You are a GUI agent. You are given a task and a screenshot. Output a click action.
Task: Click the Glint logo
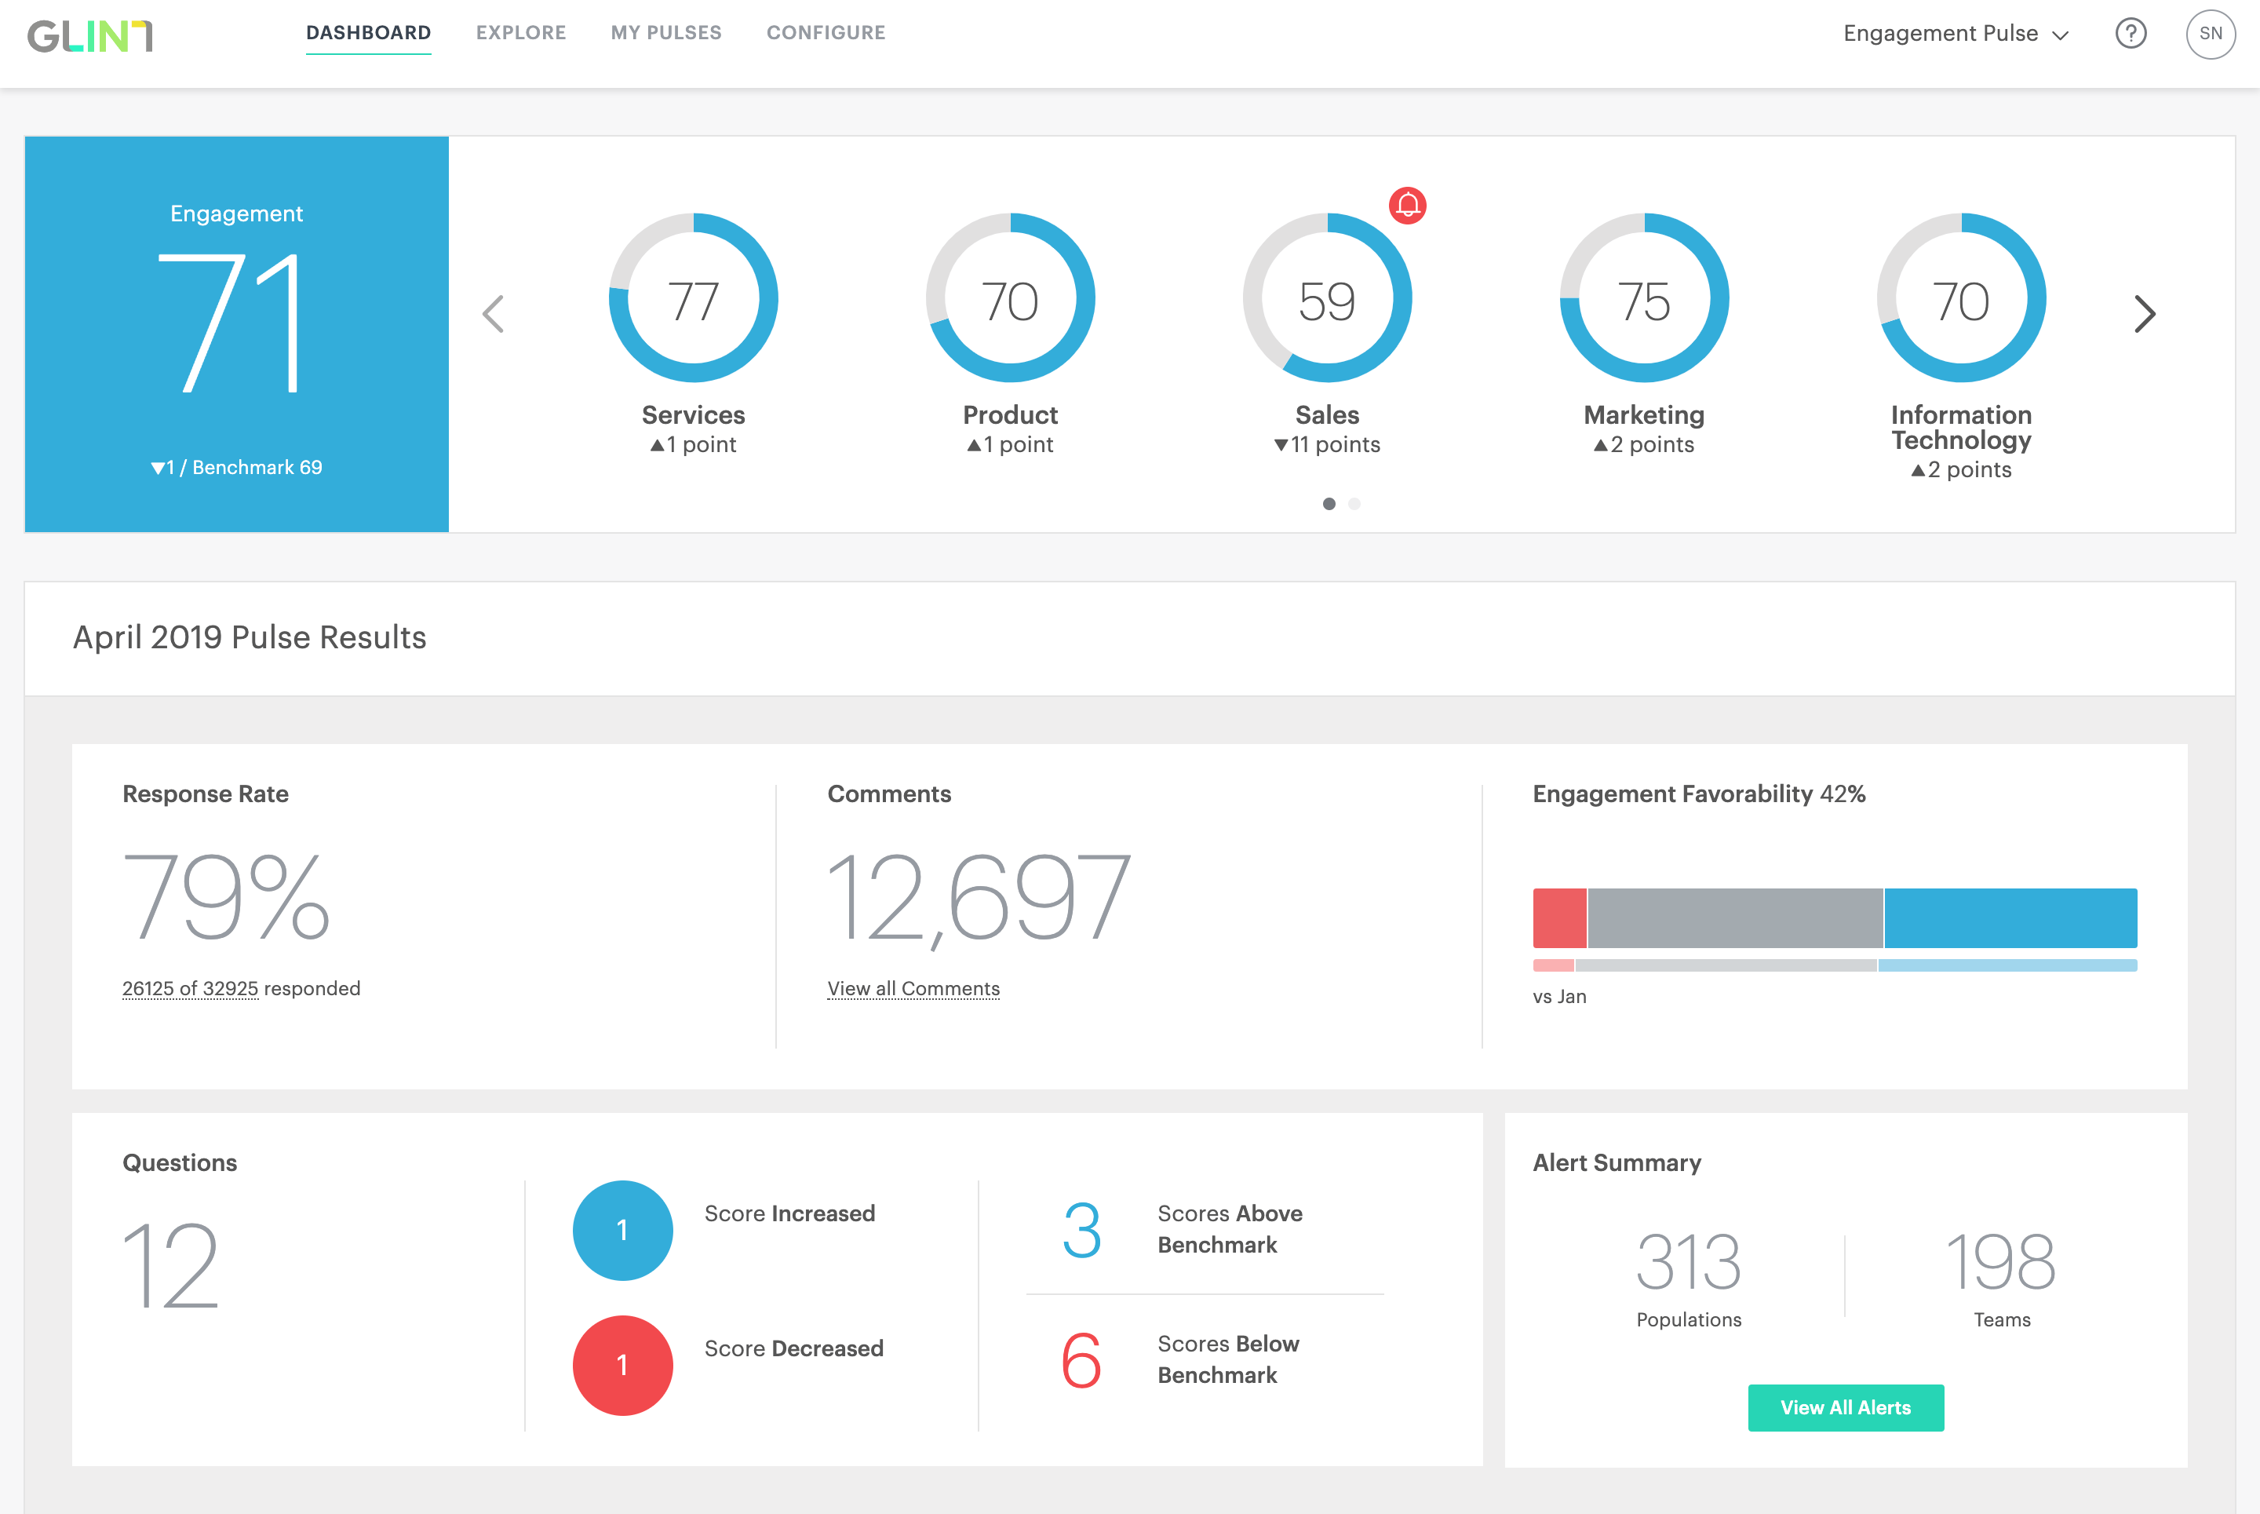pyautogui.click(x=89, y=36)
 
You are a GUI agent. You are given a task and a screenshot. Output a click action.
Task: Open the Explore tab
pyautogui.click(x=520, y=33)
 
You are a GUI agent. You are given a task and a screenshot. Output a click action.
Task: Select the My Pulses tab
pyautogui.click(x=666, y=33)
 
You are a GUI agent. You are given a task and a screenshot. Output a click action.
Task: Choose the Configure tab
pyautogui.click(x=826, y=33)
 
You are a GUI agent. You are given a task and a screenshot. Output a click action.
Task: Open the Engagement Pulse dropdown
pyautogui.click(x=1955, y=34)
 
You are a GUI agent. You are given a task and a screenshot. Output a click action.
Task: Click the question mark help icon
pyautogui.click(x=2131, y=34)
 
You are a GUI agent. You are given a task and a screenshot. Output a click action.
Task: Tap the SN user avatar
pyautogui.click(x=2210, y=34)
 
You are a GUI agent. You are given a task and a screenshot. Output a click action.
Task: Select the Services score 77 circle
pyautogui.click(x=693, y=298)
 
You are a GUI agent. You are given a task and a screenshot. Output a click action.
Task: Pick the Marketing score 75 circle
pyautogui.click(x=1644, y=298)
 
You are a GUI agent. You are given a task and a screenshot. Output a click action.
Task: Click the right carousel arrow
pyautogui.click(x=2144, y=314)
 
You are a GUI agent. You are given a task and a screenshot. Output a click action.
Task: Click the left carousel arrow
pyautogui.click(x=494, y=314)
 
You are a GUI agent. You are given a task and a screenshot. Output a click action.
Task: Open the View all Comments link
pyautogui.click(x=913, y=989)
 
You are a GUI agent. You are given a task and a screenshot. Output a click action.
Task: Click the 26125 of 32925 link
pyautogui.click(x=190, y=989)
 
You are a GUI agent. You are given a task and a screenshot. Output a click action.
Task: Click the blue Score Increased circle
pyautogui.click(x=623, y=1230)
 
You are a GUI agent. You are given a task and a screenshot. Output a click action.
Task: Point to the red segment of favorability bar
pyautogui.click(x=1559, y=918)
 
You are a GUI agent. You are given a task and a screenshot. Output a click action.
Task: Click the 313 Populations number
pyautogui.click(x=1689, y=1263)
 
